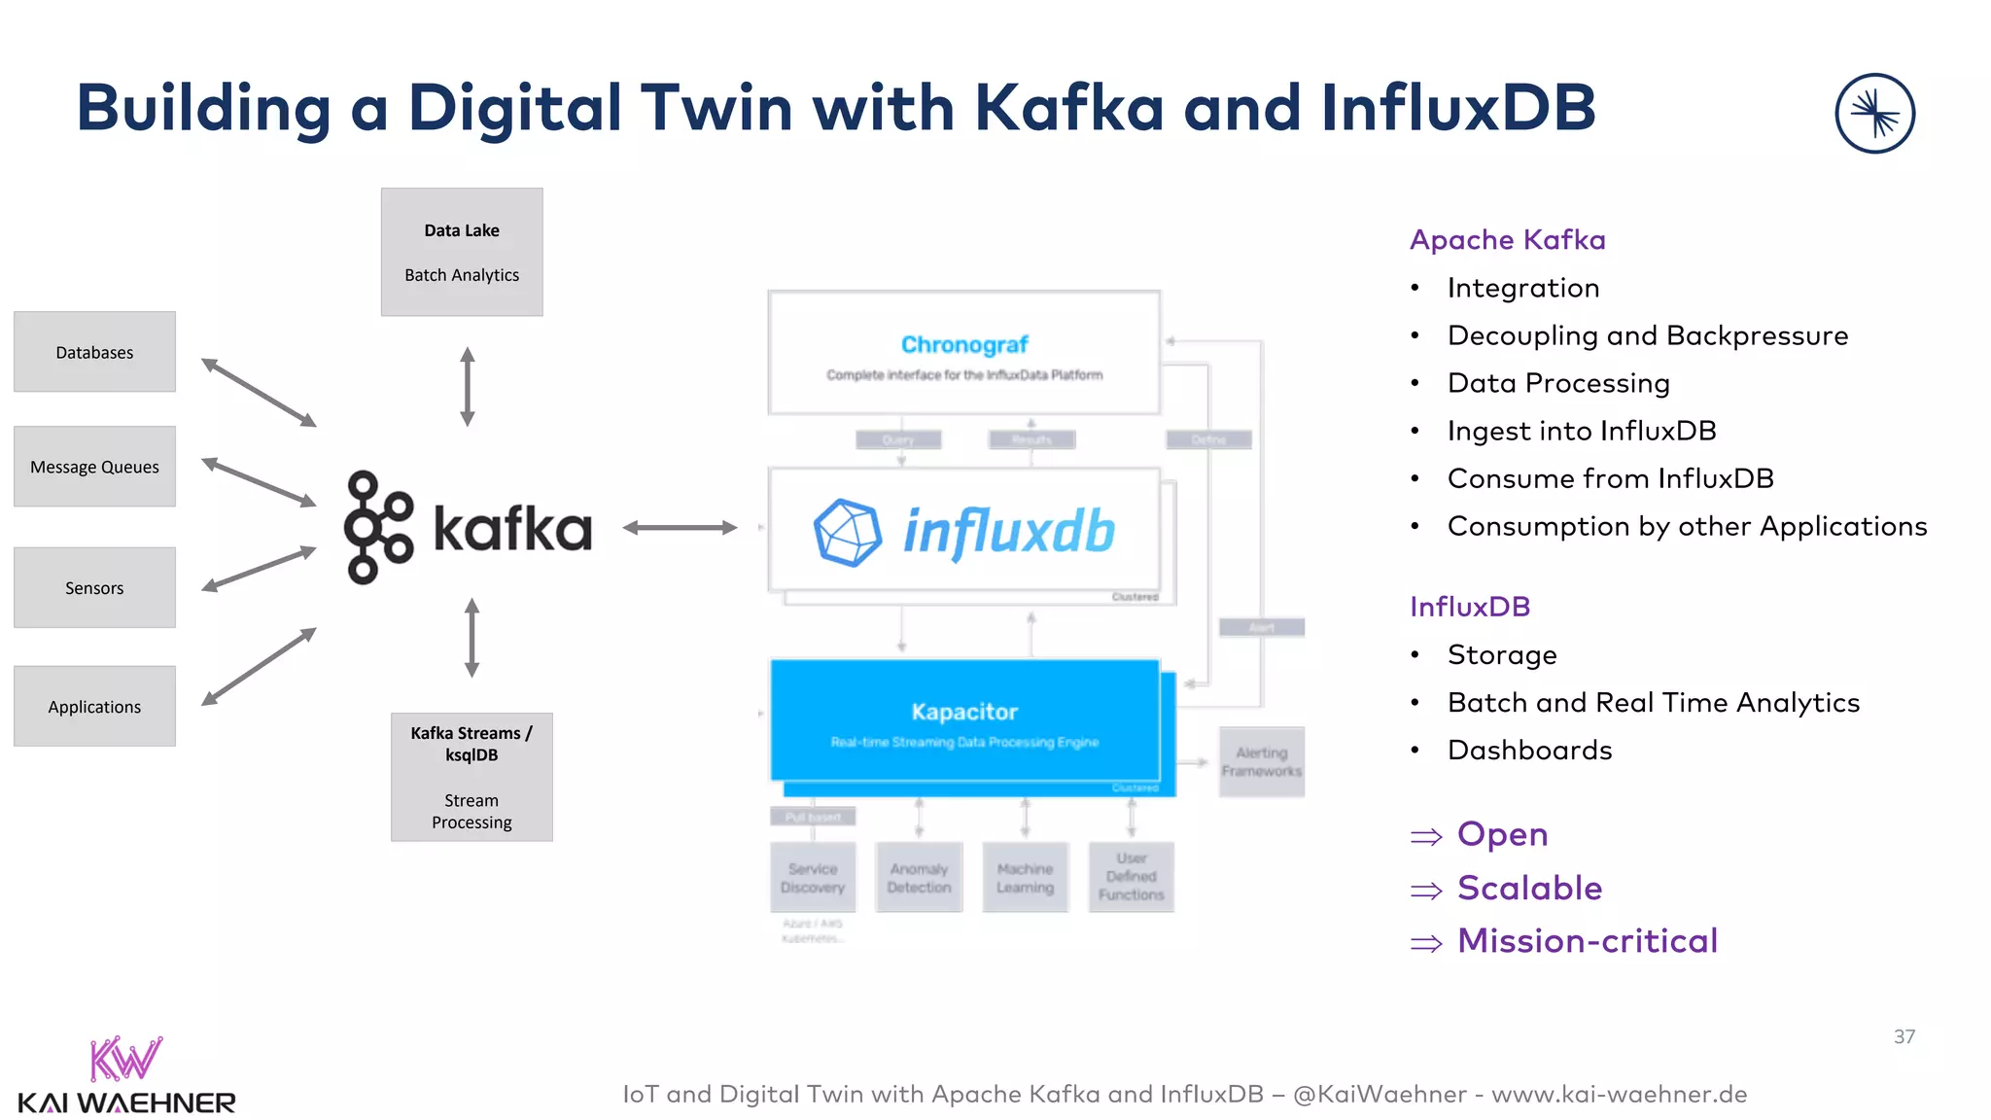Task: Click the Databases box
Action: (94, 352)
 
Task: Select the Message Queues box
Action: (94, 467)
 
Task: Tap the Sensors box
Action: (94, 587)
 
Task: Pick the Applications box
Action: (94, 707)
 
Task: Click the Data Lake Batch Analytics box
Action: (462, 252)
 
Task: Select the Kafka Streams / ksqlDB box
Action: (472, 777)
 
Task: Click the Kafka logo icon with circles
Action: (377, 528)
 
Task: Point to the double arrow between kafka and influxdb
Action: (680, 528)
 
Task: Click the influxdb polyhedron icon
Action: (847, 532)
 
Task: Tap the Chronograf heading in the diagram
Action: (963, 344)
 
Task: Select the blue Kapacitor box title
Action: (963, 712)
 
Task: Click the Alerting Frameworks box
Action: (1261, 761)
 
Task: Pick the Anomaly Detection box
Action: (919, 877)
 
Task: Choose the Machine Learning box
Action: (1025, 877)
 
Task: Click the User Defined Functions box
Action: (1131, 876)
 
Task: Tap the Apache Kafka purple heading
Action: (1507, 239)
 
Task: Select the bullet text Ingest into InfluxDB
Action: (1581, 431)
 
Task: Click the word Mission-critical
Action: (1587, 940)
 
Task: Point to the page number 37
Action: (1904, 1036)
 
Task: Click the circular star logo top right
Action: (1874, 114)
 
